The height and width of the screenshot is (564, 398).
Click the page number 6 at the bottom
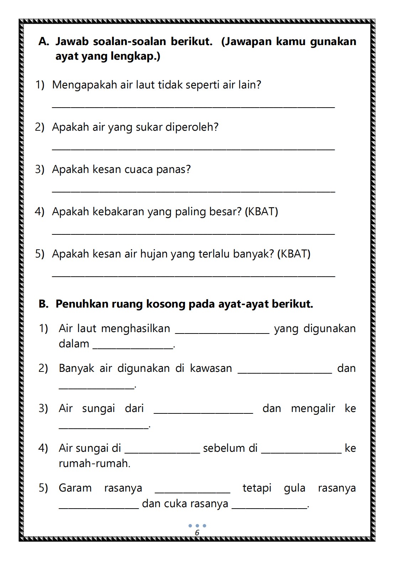coord(197,532)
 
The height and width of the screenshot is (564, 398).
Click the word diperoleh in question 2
coord(192,127)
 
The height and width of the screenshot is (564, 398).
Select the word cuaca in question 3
coord(139,169)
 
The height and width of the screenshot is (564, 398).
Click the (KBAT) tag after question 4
coord(261,212)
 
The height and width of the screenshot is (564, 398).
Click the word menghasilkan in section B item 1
coord(136,329)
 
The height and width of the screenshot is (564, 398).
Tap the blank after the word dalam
coord(133,347)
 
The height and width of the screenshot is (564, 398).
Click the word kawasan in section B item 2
coord(211,368)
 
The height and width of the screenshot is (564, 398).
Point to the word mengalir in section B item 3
coord(313,408)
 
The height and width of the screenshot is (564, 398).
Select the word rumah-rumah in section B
coord(94,463)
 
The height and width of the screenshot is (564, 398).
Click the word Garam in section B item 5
coord(75,488)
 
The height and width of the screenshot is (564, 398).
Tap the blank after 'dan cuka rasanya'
coord(269,507)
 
